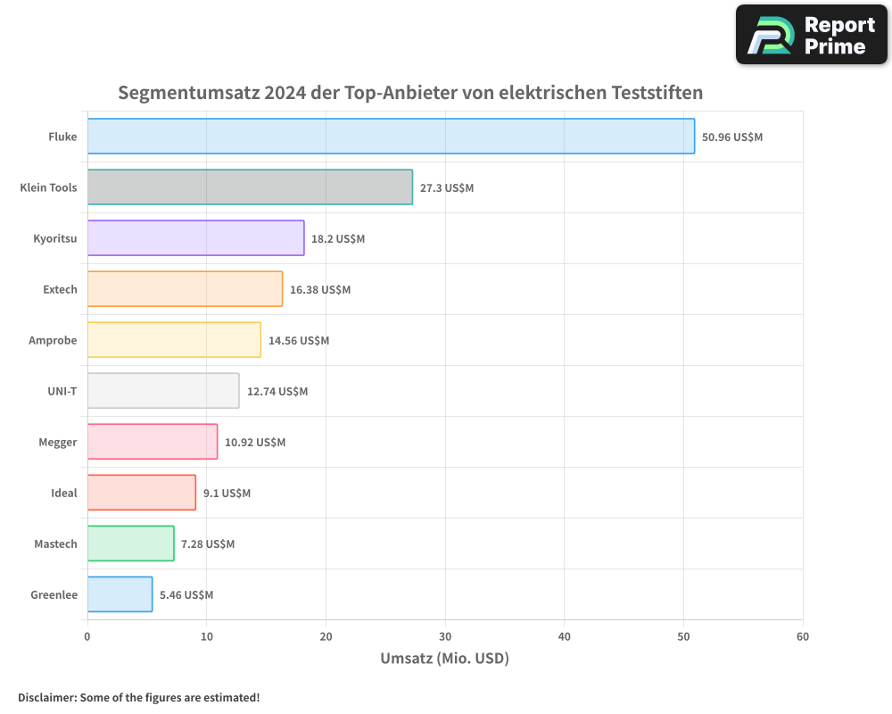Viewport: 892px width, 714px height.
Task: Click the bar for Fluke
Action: [391, 137]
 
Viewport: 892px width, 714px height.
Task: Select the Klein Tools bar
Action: [250, 187]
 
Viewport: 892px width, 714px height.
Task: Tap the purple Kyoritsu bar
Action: [195, 238]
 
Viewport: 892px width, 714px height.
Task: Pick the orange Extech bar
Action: [185, 289]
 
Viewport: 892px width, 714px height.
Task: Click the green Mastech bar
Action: [130, 544]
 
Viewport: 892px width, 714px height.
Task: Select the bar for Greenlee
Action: [120, 594]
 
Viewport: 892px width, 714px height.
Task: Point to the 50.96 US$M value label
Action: [732, 137]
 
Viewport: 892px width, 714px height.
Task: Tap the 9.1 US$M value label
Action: [227, 494]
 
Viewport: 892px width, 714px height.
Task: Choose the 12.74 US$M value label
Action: [277, 392]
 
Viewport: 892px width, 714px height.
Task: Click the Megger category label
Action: [58, 443]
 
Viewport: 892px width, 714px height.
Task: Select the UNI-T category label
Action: [62, 392]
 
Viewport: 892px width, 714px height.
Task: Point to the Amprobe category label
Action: [53, 341]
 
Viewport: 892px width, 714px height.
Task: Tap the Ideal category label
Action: [64, 494]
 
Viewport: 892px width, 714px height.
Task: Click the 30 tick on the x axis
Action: [445, 636]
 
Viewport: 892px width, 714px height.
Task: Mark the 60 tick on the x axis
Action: [803, 636]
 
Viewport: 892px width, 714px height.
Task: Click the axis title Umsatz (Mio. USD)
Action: [444, 659]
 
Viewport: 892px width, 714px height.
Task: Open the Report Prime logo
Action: [812, 35]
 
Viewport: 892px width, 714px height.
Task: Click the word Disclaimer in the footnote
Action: [46, 697]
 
